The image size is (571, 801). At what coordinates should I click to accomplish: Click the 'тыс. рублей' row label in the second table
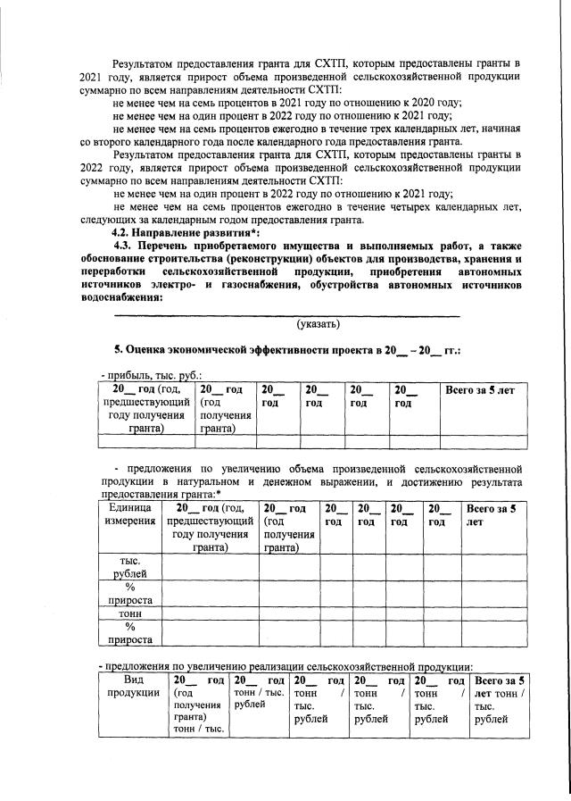[x=129, y=566]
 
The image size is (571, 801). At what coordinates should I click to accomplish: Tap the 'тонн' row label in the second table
[x=129, y=613]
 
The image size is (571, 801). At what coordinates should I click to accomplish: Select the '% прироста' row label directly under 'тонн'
[x=129, y=633]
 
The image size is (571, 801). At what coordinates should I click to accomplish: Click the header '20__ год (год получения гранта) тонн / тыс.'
[x=198, y=705]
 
